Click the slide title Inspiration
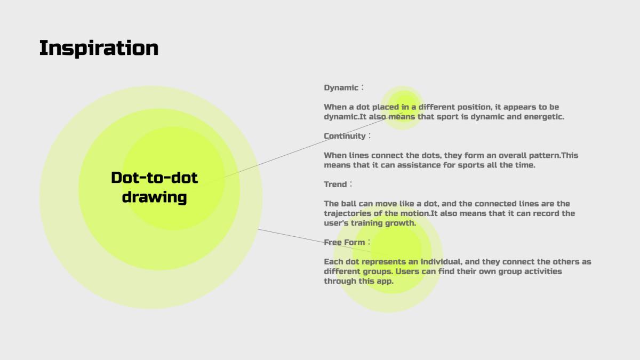[99, 49]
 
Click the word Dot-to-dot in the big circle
[154, 178]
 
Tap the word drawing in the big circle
[154, 197]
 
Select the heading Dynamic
[341, 88]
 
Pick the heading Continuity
[345, 136]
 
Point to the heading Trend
[335, 185]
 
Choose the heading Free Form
[345, 242]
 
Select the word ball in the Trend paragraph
[349, 204]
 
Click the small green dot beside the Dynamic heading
[402, 108]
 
